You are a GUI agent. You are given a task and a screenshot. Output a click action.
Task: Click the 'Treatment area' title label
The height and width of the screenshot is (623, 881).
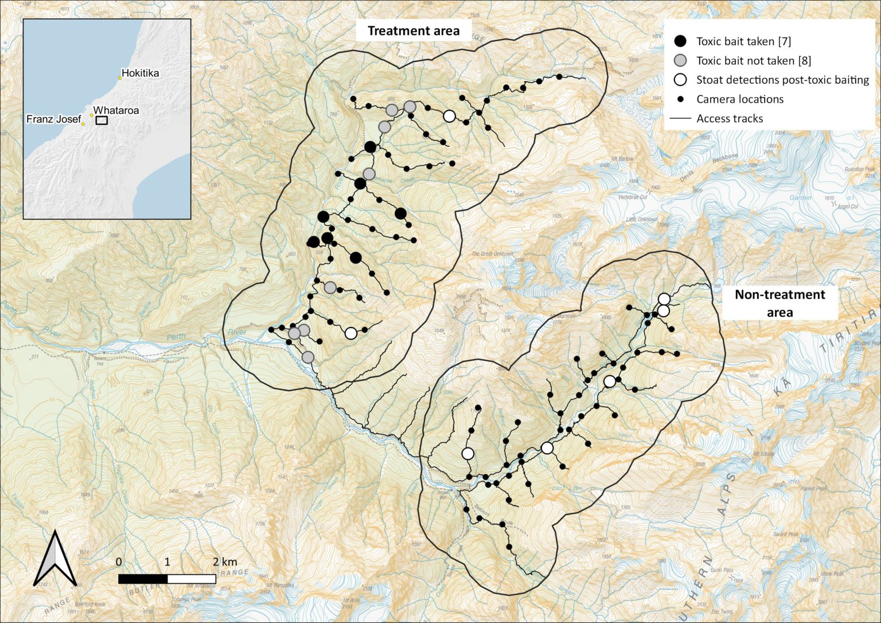tap(413, 31)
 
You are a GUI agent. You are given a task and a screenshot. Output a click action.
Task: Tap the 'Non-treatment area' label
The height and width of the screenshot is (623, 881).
tap(779, 303)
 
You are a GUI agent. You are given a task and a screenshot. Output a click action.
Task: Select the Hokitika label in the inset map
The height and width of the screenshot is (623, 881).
tap(140, 73)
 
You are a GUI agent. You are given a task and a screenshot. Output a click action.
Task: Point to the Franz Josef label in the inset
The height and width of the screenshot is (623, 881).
tap(53, 119)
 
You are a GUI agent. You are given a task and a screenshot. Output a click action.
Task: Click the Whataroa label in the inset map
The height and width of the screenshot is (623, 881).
tap(116, 110)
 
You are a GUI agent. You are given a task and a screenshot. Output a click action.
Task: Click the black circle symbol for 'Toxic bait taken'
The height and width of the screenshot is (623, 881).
tap(680, 41)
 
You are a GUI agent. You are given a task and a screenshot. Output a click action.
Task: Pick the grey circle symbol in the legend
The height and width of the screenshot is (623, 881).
tap(680, 60)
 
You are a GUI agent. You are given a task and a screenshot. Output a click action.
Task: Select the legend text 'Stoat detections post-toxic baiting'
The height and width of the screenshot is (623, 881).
tap(782, 80)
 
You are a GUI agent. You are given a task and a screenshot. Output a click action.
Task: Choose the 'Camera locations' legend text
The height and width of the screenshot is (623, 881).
tap(739, 99)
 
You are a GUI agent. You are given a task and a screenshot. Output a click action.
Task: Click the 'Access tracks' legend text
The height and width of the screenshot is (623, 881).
tap(729, 119)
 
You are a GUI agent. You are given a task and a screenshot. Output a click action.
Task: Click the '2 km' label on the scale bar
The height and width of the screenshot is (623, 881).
tap(224, 562)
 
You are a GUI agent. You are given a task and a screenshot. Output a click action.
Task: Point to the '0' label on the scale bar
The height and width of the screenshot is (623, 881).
tap(119, 562)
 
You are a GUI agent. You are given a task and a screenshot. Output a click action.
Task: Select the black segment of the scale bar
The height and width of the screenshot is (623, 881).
tap(143, 579)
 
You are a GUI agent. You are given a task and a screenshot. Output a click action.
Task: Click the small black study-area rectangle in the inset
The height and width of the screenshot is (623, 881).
tap(102, 120)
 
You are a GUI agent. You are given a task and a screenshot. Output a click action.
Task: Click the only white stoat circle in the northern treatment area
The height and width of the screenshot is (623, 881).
tap(450, 116)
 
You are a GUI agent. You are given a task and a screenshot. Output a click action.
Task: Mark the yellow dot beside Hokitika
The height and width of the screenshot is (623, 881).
tap(120, 78)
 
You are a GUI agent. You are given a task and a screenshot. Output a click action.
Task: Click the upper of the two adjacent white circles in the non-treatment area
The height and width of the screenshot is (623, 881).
tap(664, 299)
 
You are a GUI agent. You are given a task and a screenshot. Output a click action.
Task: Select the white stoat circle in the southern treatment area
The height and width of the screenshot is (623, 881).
tap(351, 333)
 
